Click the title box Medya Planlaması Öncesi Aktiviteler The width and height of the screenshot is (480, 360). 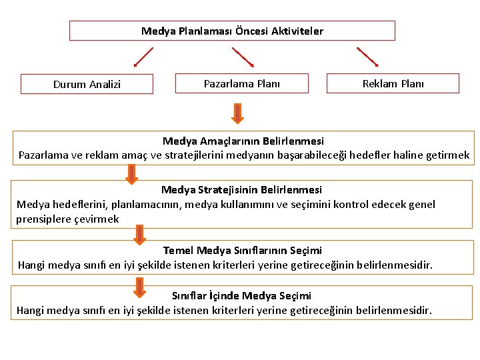click(232, 31)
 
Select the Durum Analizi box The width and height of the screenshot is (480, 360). click(87, 84)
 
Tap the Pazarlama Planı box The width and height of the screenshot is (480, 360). click(241, 83)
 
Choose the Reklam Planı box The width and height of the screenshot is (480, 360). click(393, 83)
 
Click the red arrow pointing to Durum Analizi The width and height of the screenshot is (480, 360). click(143, 57)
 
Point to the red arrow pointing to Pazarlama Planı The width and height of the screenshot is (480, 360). click(243, 57)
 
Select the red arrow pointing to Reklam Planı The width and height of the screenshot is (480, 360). click(367, 57)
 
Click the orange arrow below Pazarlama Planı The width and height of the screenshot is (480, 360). click(237, 113)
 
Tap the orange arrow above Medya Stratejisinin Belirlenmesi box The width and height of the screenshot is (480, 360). click(132, 173)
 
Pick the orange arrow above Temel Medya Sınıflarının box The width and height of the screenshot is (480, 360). click(139, 234)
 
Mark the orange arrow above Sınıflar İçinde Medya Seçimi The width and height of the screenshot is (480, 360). click(139, 287)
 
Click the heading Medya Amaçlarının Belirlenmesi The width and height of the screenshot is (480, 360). click(243, 141)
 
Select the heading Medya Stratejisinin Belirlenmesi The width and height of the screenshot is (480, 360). click(241, 190)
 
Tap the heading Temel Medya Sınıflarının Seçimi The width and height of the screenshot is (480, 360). click(242, 251)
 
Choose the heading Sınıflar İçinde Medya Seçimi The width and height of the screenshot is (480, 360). click(241, 295)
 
